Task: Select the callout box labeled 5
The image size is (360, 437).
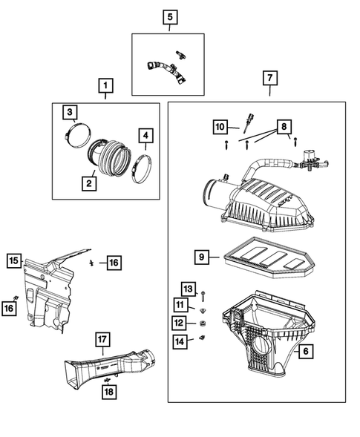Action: [x=169, y=16]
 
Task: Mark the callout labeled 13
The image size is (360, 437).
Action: [x=188, y=288]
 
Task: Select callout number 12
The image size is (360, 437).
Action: [x=180, y=323]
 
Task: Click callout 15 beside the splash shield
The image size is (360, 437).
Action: [x=13, y=260]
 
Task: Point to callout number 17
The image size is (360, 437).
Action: [x=102, y=340]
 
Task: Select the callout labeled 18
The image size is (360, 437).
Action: [x=108, y=392]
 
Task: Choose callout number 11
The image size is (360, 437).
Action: [x=180, y=305]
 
